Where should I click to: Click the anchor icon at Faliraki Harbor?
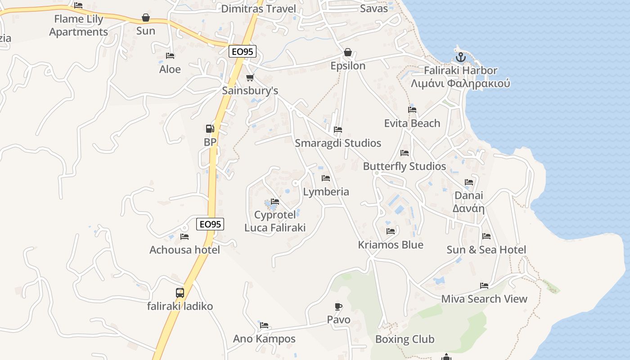click(x=460, y=57)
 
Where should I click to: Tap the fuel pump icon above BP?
click(x=210, y=129)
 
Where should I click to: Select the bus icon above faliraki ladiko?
click(x=180, y=292)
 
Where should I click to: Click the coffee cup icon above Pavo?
click(x=338, y=306)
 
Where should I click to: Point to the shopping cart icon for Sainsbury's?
click(x=250, y=77)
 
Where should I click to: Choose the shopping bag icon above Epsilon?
click(x=348, y=52)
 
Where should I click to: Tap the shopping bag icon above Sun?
click(x=146, y=18)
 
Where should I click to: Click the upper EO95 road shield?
click(x=243, y=51)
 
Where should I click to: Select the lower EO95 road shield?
click(x=210, y=224)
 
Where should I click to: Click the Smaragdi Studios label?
click(x=338, y=143)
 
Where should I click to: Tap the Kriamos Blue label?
click(x=391, y=245)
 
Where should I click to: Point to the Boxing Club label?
click(x=405, y=339)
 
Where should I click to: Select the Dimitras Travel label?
click(x=259, y=9)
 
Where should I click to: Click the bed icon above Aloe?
click(x=170, y=56)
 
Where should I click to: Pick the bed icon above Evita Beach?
click(x=412, y=110)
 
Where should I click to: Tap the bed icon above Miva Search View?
click(x=484, y=285)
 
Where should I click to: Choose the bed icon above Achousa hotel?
click(x=184, y=236)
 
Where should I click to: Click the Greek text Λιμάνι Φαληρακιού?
click(x=460, y=84)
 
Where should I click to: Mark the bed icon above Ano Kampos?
click(x=264, y=325)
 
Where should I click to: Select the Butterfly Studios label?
click(x=405, y=166)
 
